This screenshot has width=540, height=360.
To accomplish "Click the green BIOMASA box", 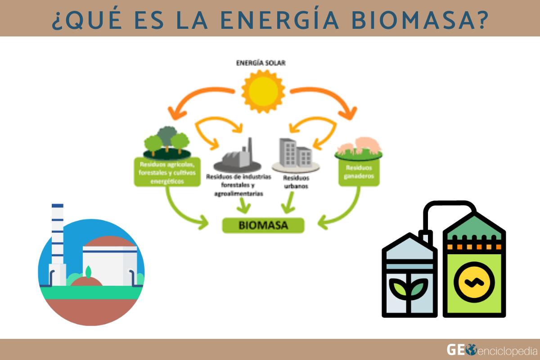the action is coord(263,225).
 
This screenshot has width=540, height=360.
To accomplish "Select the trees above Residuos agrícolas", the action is coord(166,137).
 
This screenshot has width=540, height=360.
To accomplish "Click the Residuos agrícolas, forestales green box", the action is coord(167,171).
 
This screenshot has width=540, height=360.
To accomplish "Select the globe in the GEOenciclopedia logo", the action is coord(471,349).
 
